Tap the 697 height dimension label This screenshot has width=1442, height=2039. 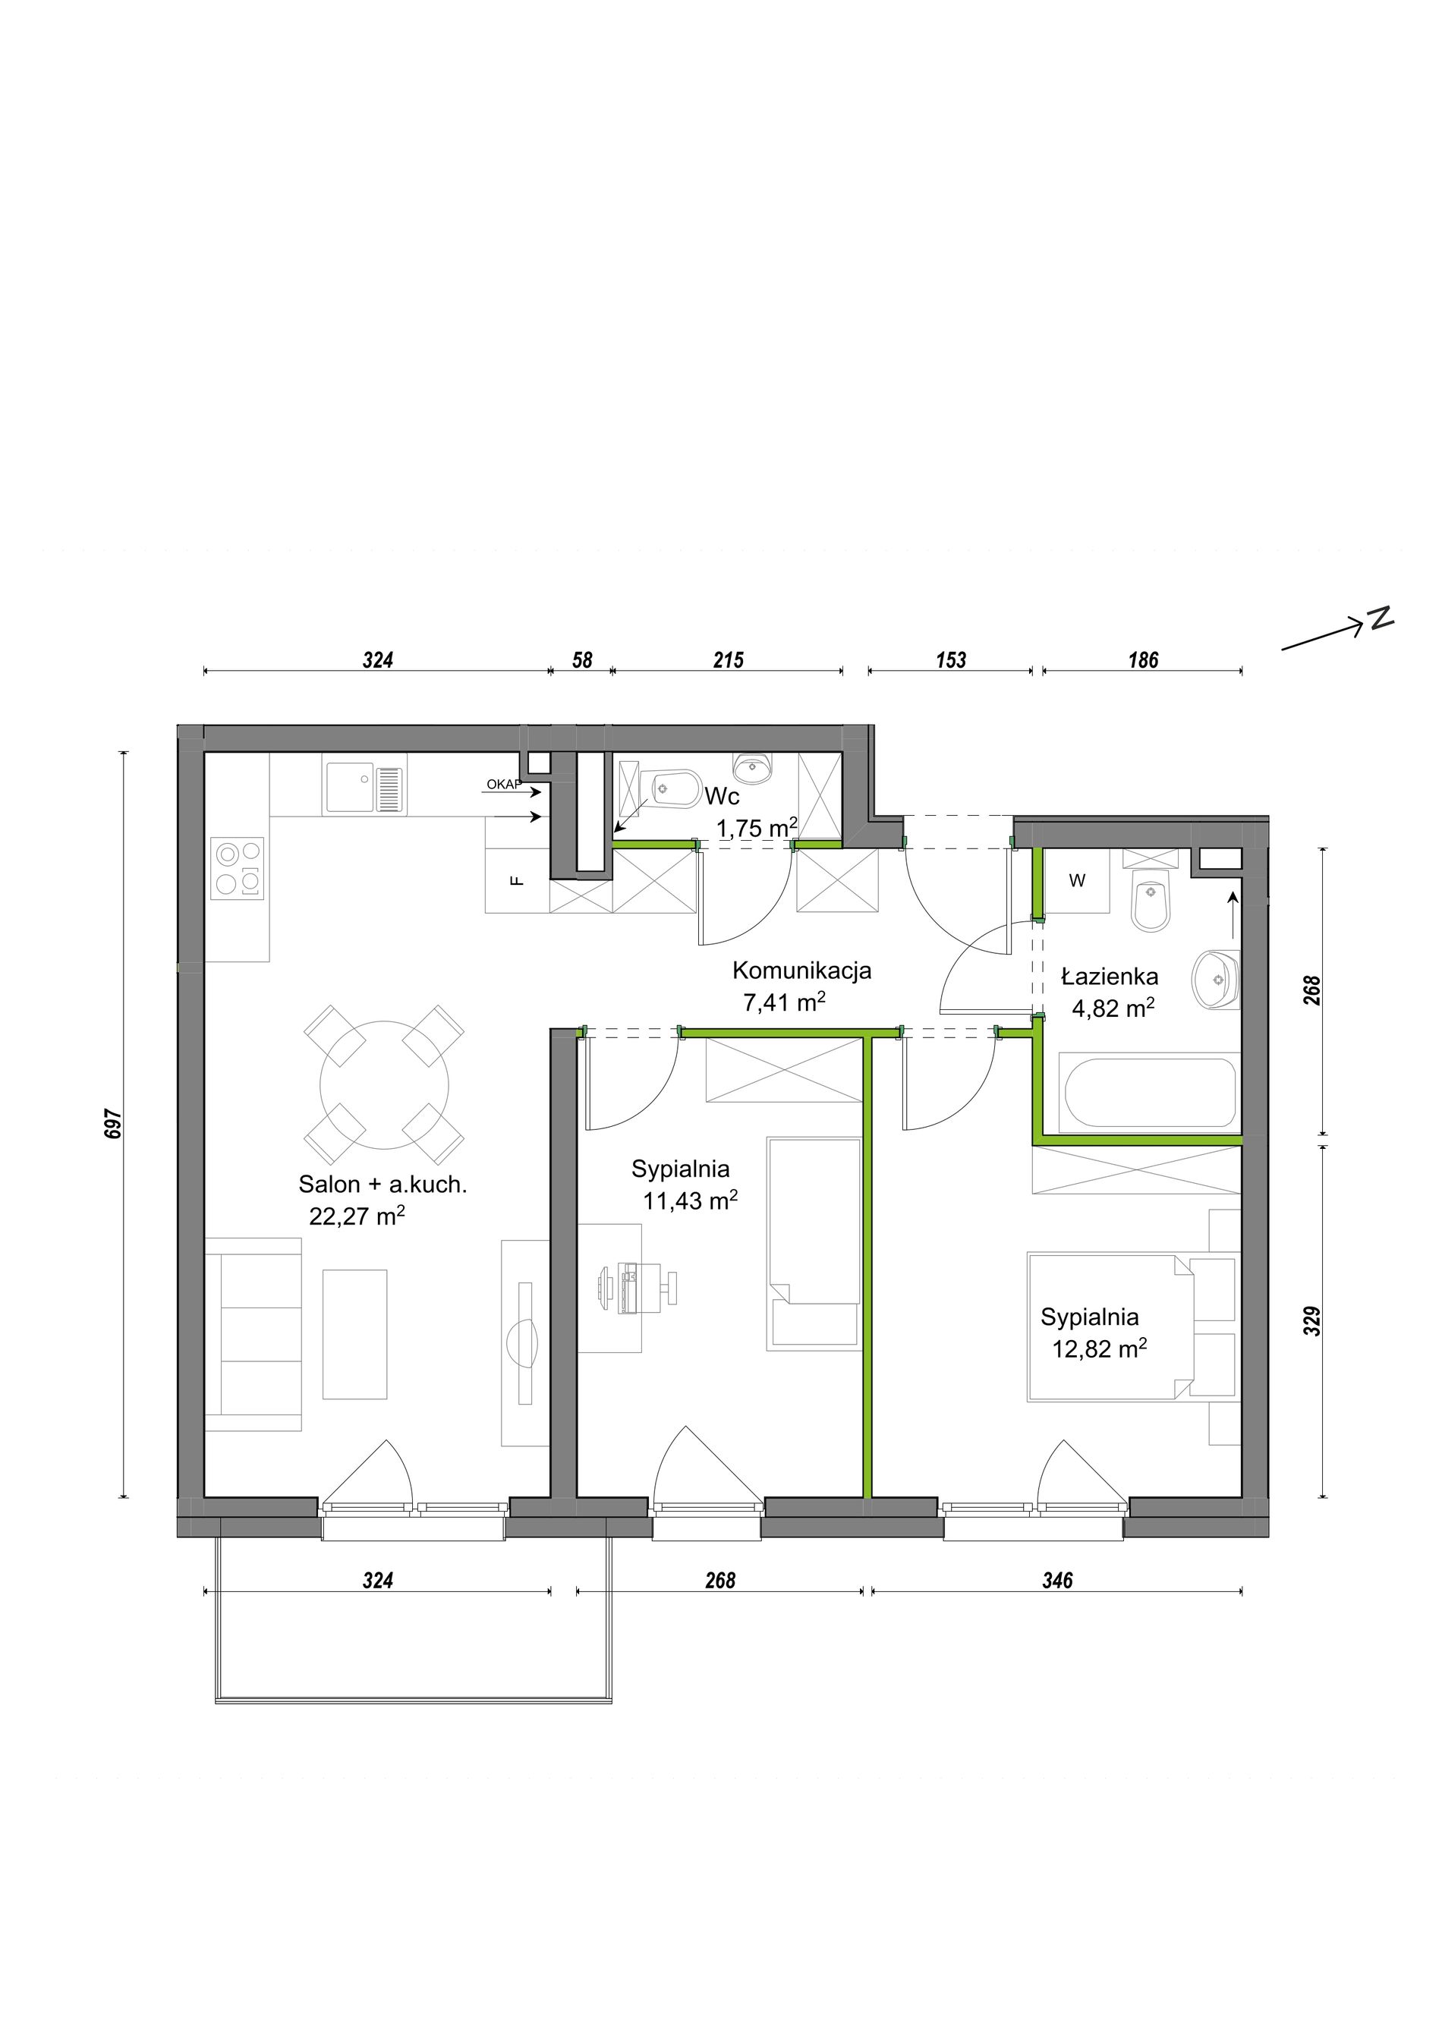[x=113, y=1122]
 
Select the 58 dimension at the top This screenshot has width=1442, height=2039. [x=581, y=660]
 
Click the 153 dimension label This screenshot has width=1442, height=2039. [x=950, y=660]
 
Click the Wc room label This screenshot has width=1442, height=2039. [x=722, y=796]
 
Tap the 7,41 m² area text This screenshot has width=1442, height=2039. [x=784, y=1002]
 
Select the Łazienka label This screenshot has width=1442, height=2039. [x=1110, y=976]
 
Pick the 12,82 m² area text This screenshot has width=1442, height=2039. [x=1099, y=1349]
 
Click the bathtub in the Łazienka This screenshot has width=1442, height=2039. [x=1150, y=1092]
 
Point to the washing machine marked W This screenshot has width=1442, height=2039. [x=1076, y=881]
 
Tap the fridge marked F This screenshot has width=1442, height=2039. [x=518, y=881]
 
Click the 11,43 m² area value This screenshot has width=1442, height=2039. [x=691, y=1200]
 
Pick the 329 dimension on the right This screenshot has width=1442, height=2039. [x=1313, y=1320]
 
